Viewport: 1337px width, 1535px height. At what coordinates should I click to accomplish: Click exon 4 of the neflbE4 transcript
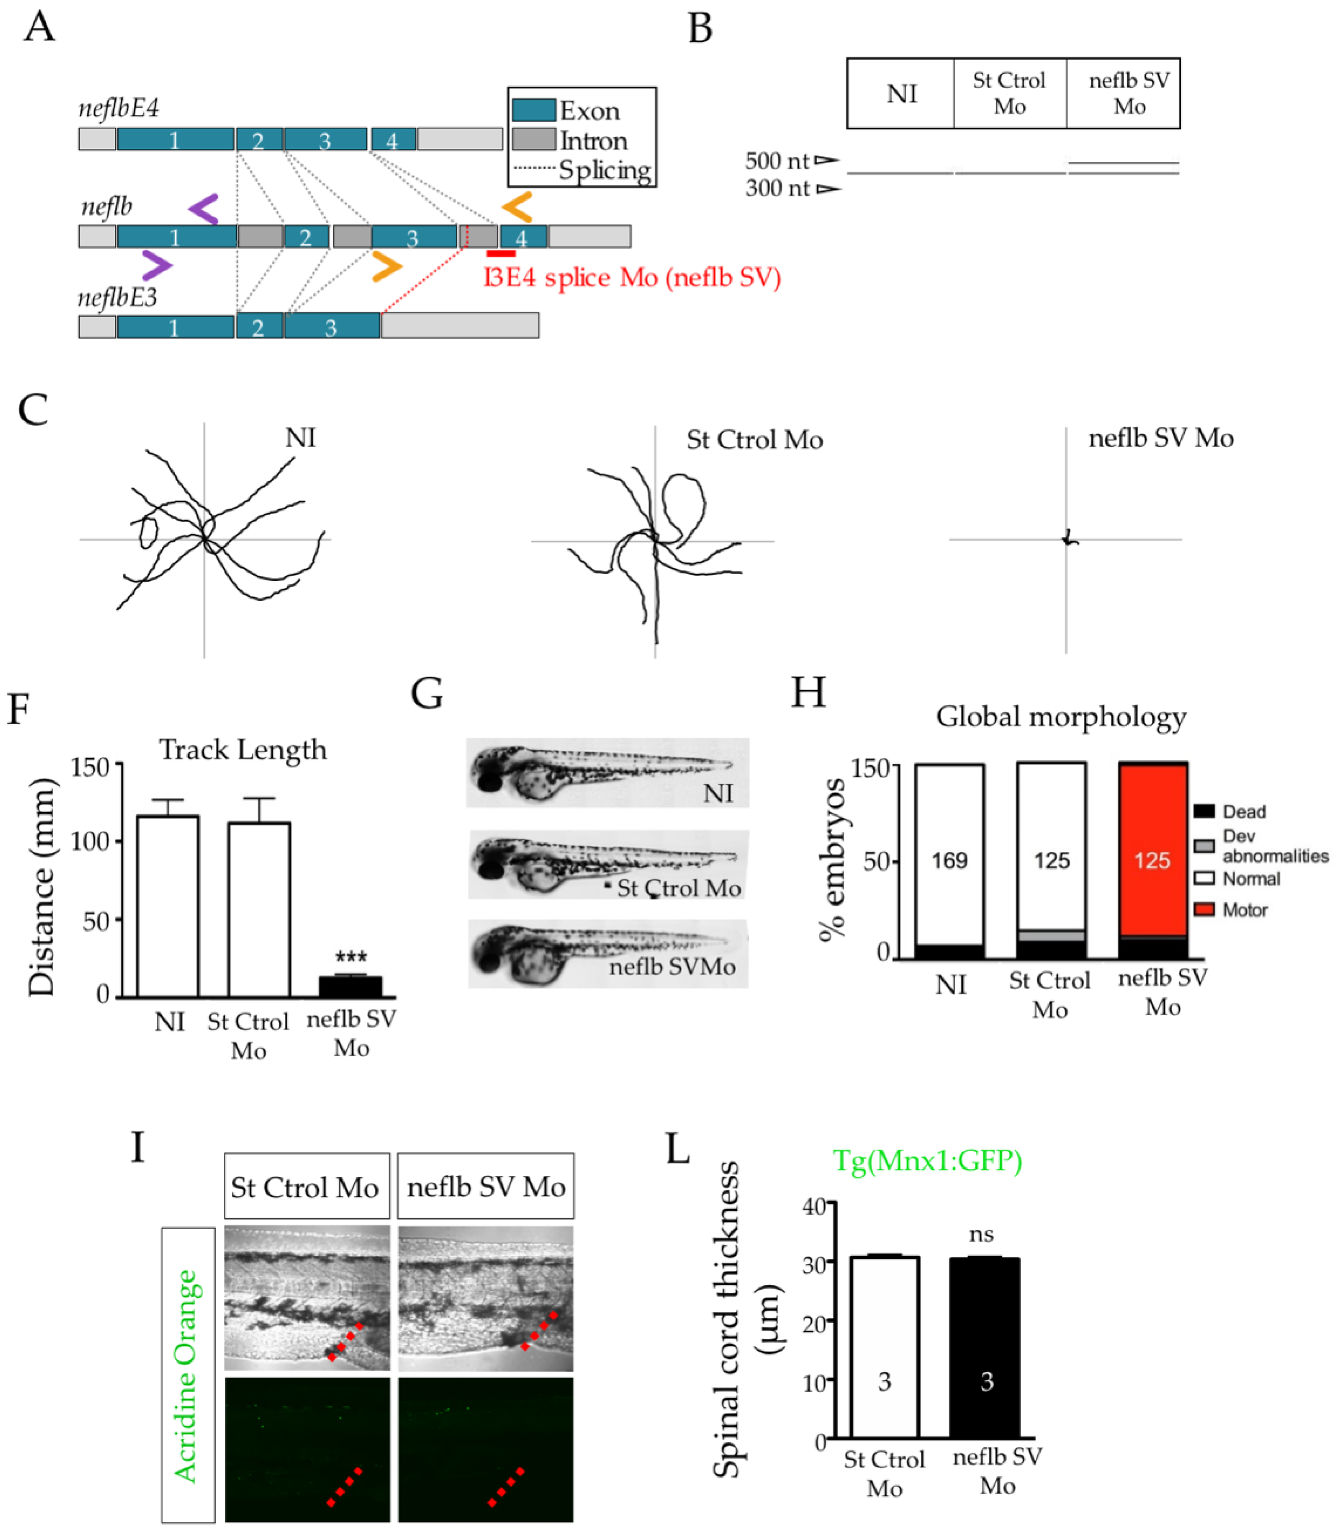coord(393,139)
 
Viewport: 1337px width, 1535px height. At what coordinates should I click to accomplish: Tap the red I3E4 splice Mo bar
coord(500,254)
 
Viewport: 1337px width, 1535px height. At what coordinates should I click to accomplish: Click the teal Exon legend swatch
coord(533,110)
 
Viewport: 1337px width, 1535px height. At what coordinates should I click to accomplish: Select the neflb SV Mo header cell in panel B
coord(1129,93)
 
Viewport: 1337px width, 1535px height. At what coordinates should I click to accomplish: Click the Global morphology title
coord(1061,717)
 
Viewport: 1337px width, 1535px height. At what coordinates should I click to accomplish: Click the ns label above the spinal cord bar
coord(981,1235)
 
